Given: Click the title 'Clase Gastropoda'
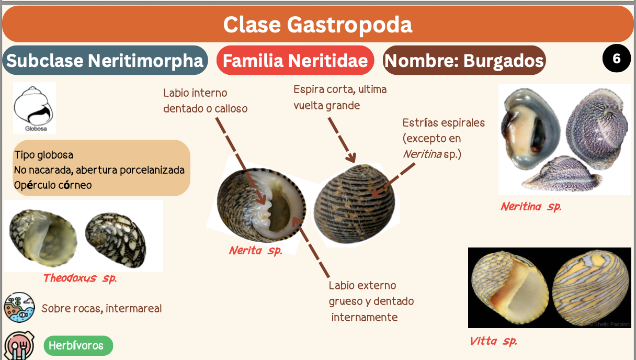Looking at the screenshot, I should point(317,24).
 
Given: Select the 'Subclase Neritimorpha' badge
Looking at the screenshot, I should point(105,61).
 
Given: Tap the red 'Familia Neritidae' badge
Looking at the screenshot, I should point(295,61).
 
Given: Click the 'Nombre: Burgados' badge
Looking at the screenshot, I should point(464,61).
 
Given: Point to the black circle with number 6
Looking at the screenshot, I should point(617,59).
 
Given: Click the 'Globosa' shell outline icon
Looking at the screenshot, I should point(34,107).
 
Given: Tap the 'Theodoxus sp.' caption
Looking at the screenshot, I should point(79,278).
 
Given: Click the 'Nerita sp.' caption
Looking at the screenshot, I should point(255,251).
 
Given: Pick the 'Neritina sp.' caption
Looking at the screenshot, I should point(530,207).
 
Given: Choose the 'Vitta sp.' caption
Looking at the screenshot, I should point(493,342).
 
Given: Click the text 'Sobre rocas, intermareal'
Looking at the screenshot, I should point(101,309).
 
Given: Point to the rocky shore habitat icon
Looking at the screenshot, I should point(19,307).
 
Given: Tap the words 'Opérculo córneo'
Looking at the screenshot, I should point(53,185).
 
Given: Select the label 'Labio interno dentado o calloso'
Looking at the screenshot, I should point(205,101).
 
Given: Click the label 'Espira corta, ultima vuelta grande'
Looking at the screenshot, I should point(340,97).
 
